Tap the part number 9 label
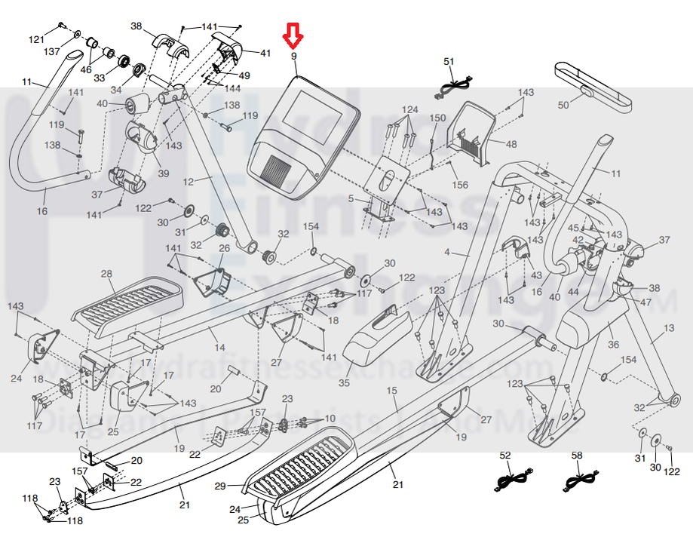[x=294, y=57]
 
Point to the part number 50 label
[x=563, y=106]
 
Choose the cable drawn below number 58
[x=580, y=479]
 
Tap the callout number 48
[x=511, y=144]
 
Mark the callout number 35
[x=344, y=383]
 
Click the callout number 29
[x=219, y=487]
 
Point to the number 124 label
[x=409, y=110]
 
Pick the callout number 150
[x=437, y=118]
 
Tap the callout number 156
[x=460, y=186]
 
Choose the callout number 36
[x=614, y=345]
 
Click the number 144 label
[x=234, y=88]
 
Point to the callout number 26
[x=224, y=248]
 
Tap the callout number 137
[x=52, y=52]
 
